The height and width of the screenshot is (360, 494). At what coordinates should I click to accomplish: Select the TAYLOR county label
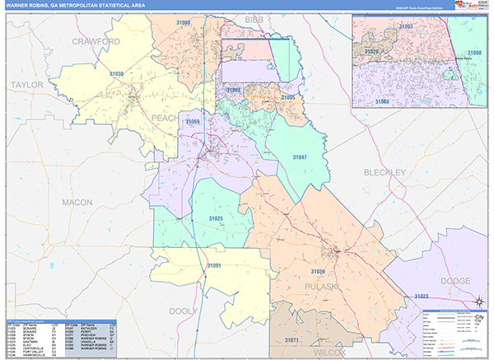26,84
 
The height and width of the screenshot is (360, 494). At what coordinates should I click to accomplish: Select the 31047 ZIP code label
300,156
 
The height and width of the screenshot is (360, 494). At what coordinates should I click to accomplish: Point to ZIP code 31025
216,218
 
